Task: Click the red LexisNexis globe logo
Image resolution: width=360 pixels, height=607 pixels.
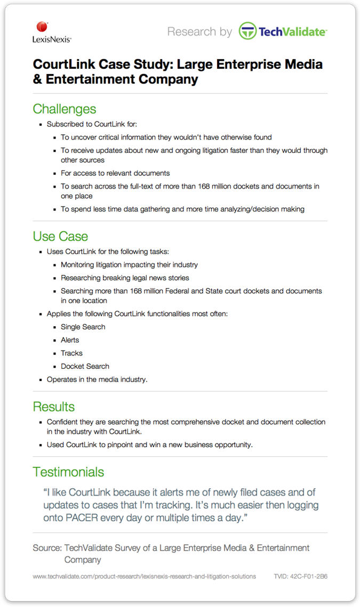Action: pos(42,27)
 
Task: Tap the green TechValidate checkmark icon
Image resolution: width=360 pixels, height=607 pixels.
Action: pos(247,31)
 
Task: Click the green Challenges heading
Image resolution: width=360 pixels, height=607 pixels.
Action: pos(65,109)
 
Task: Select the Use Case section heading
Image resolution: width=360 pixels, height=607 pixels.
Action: pos(60,236)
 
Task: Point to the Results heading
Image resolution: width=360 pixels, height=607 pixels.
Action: pos(53,407)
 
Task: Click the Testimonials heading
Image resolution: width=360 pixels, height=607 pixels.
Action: pos(68,472)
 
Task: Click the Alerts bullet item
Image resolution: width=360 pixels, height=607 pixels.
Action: pos(70,340)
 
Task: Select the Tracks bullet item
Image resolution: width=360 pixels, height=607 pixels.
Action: pos(71,353)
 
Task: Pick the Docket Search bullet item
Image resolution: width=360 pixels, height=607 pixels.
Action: pos(85,366)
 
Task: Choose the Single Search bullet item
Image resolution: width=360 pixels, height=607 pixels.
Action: pos(83,327)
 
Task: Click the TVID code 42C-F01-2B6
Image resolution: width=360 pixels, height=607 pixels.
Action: pos(300,576)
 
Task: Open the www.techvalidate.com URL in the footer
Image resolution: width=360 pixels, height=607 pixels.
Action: pos(144,576)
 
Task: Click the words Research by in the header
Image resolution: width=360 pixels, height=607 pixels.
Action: pos(199,31)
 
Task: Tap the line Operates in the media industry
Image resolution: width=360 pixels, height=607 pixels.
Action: pos(97,379)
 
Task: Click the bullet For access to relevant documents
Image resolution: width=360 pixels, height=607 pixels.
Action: pos(115,173)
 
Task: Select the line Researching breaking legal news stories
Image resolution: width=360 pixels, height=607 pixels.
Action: pos(125,278)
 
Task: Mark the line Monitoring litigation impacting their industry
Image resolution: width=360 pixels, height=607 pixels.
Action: pos(129,265)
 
